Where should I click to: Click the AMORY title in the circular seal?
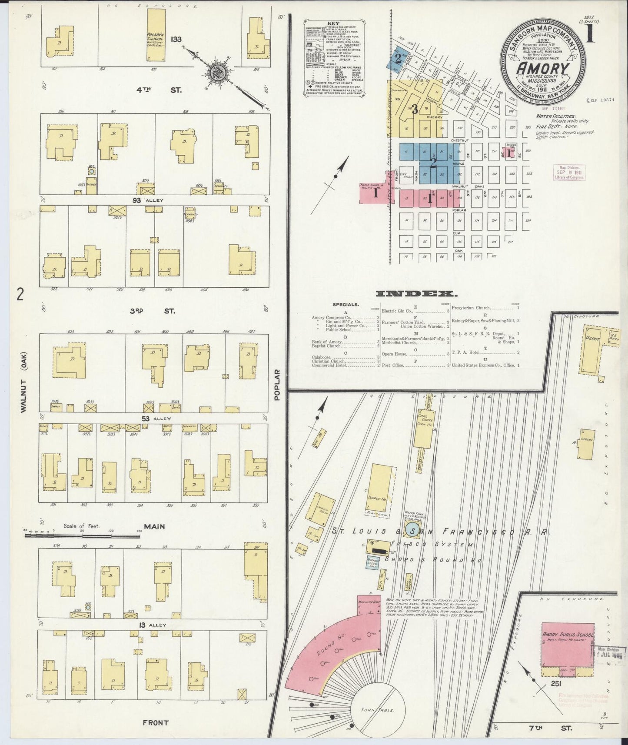point(542,69)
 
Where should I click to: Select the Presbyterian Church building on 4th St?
point(155,35)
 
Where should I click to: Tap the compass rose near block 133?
point(215,73)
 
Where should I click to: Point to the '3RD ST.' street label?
point(152,311)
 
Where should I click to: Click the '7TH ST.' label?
point(562,727)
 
